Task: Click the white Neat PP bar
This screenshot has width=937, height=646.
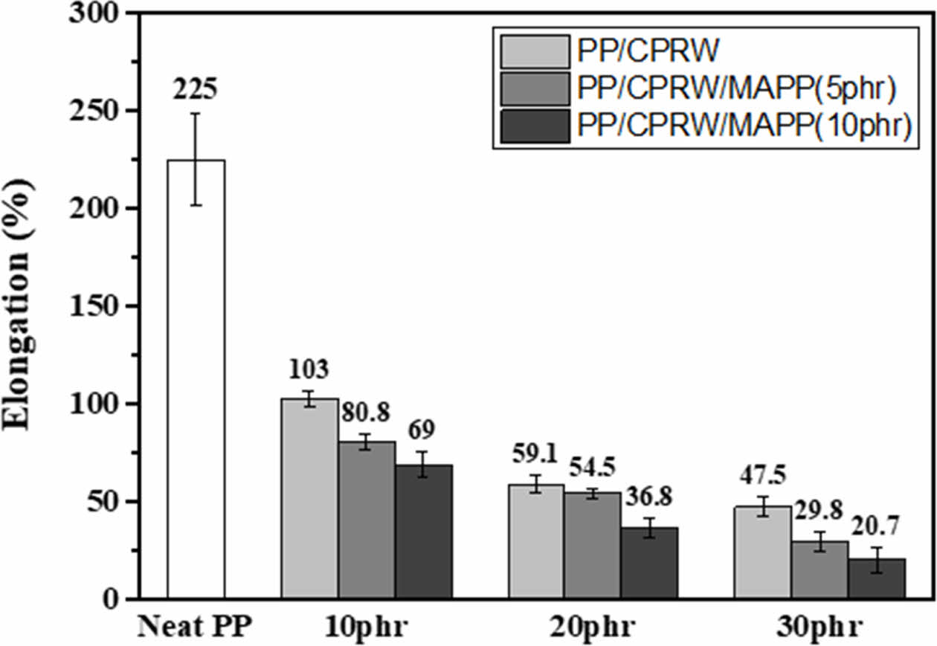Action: tap(196, 379)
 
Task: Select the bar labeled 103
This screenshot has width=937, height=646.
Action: tap(309, 498)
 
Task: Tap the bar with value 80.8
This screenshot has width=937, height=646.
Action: tap(367, 520)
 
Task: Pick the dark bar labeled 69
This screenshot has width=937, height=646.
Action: tap(423, 532)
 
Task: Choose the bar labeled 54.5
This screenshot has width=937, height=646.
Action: tap(592, 545)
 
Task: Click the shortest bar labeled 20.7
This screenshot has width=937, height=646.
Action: tap(876, 578)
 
